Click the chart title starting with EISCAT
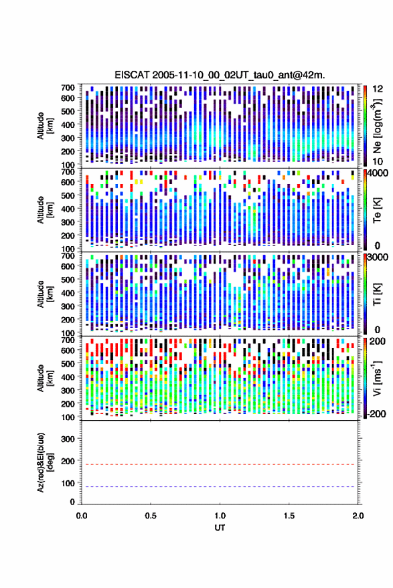[220, 75]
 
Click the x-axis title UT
[220, 528]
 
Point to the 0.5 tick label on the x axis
[151, 516]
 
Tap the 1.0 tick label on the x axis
[220, 516]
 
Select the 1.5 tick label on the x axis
[289, 516]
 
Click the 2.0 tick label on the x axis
[358, 516]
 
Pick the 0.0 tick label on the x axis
[82, 516]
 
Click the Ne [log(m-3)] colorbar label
[377, 126]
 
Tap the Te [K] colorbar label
[377, 210]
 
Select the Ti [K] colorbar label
[377, 294]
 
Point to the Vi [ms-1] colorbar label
[377, 378]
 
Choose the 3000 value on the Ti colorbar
[378, 257]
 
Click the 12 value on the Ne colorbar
[378, 89]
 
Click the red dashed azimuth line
[220, 464]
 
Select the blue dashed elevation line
[220, 486]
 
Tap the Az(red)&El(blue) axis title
[45, 462]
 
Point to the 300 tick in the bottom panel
[68, 439]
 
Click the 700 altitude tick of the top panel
[68, 88]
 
